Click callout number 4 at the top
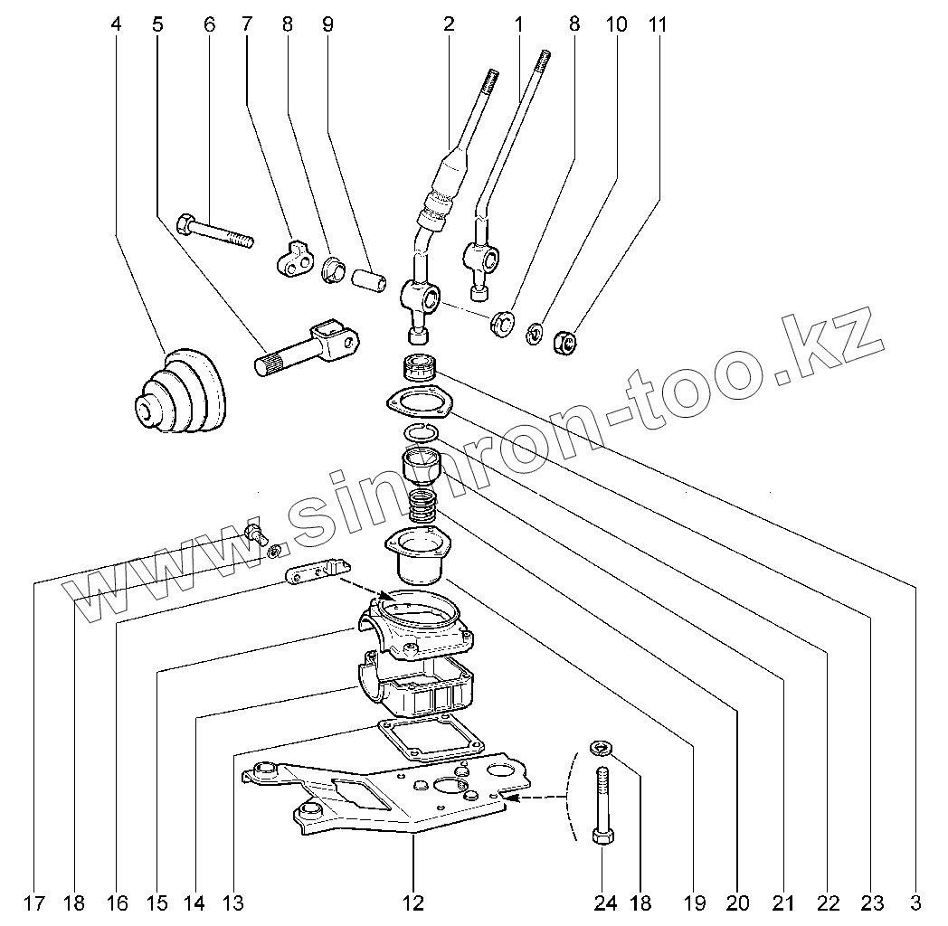coord(115,25)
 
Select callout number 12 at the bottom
coord(412,902)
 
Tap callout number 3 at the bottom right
coord(915,902)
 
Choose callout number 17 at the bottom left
coord(33,902)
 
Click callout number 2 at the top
coord(449,25)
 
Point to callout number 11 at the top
coord(658,25)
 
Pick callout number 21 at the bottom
coord(783,902)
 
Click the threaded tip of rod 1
coord(543,61)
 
